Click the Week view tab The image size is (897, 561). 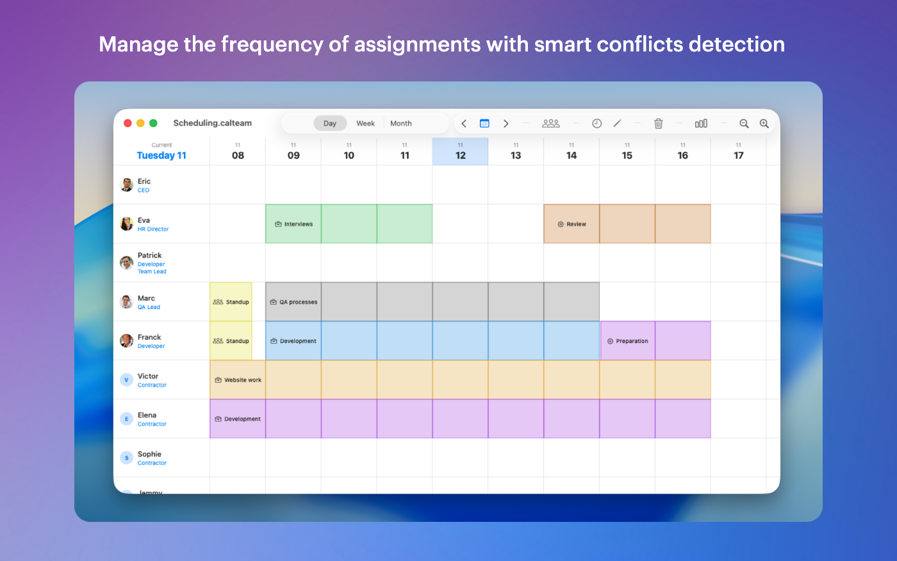click(365, 123)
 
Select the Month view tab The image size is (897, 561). click(401, 123)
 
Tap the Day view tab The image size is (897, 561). click(329, 123)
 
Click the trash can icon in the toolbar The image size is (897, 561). click(659, 123)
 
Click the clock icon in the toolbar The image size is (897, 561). click(597, 123)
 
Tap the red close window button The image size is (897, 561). click(128, 123)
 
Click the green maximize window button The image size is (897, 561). click(153, 123)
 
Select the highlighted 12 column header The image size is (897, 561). click(460, 151)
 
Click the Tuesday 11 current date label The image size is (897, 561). click(161, 155)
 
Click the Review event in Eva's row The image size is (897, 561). click(572, 224)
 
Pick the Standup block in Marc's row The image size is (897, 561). click(231, 302)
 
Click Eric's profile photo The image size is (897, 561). click(127, 185)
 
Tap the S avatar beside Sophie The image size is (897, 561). click(127, 458)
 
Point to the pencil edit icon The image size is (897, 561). click(617, 123)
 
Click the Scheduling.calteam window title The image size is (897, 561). click(213, 123)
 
